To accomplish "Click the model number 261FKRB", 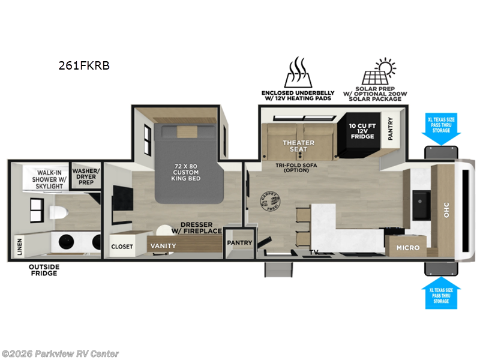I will pos(84,66).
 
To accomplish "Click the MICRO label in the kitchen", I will pos(407,247).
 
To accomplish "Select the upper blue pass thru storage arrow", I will pos(441,128).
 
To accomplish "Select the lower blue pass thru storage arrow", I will pos(441,292).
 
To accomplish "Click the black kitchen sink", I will pos(422,205).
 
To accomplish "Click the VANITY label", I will pos(163,246).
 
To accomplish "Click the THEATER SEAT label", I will pos(299,146).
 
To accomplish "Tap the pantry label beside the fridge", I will pos(391,128).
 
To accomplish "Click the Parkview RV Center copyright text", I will pos(60,353).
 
